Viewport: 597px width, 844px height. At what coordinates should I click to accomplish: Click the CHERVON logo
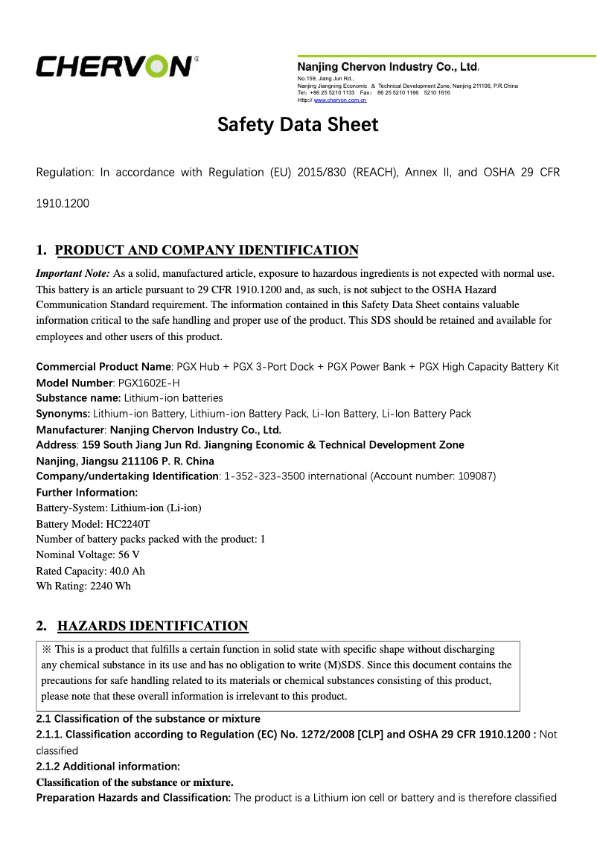tap(117, 66)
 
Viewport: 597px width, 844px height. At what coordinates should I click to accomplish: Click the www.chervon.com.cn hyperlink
tap(339, 100)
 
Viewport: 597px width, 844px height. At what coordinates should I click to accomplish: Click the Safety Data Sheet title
tap(298, 124)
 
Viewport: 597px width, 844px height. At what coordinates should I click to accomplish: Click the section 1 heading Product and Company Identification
tap(207, 250)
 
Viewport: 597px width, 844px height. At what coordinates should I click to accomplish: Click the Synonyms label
tap(63, 414)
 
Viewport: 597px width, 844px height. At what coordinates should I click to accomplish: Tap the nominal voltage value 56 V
tap(129, 555)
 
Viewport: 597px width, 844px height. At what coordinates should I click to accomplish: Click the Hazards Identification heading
tap(153, 626)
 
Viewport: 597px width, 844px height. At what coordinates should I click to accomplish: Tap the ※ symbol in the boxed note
tap(47, 650)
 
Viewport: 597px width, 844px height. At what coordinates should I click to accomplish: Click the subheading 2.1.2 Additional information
tap(108, 767)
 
